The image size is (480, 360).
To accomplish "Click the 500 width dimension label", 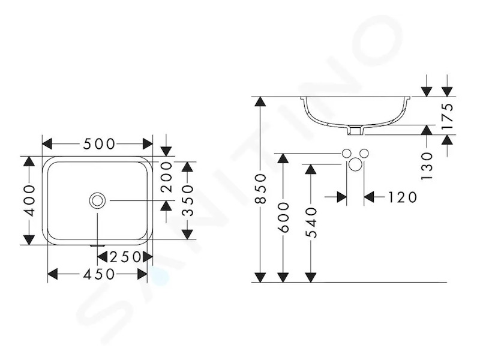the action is point(99,144).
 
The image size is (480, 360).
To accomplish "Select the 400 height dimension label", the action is point(29,200).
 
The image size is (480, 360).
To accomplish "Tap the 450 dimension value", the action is point(99,274).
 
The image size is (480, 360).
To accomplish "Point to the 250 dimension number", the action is point(125,257).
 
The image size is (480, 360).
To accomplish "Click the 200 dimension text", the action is point(167,177).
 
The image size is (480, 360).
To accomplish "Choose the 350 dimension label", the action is point(188,200).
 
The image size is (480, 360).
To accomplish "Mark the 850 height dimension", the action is point(260,188).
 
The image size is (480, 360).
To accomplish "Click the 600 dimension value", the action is point(284,217).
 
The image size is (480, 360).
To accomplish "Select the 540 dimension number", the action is point(311,223).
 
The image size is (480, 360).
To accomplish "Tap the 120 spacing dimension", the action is point(402,197).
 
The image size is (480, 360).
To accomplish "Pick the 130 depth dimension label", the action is point(427,166).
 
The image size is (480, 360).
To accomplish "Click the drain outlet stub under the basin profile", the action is point(355,130).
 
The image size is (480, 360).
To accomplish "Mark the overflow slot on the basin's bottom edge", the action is point(97,245).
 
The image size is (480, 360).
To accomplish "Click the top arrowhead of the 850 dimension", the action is point(260,101).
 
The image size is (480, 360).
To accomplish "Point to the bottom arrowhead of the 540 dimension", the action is point(311,277).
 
